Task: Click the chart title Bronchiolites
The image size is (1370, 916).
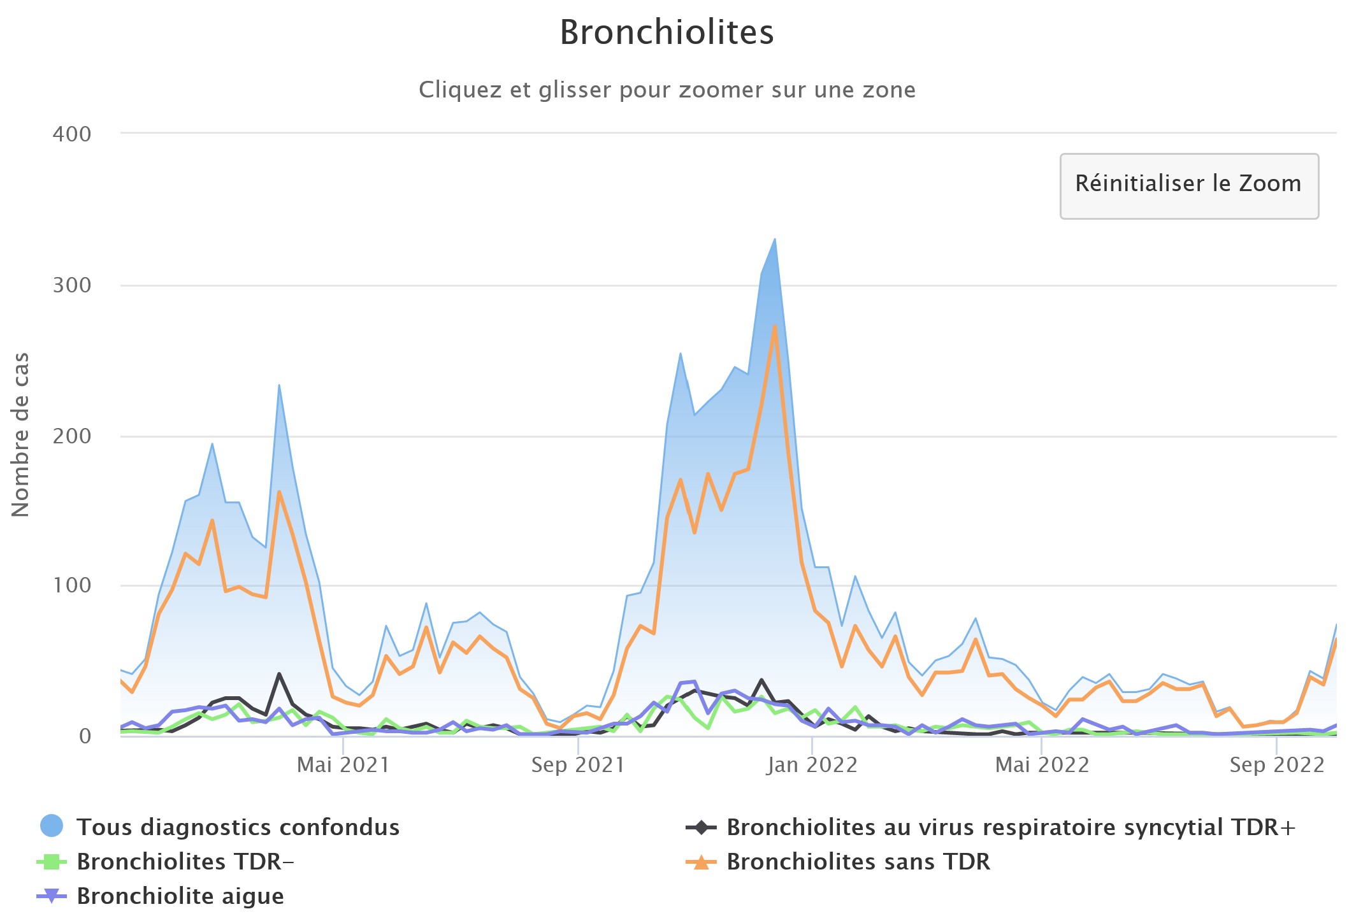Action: pyautogui.click(x=667, y=32)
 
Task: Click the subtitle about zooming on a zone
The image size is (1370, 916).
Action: pyautogui.click(x=667, y=90)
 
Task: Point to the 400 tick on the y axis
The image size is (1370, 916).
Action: pyautogui.click(x=72, y=134)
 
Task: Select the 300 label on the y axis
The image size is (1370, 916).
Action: pyautogui.click(x=72, y=285)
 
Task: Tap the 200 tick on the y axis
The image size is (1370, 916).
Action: pyautogui.click(x=72, y=436)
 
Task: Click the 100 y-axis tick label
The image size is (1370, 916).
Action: pyautogui.click(x=72, y=585)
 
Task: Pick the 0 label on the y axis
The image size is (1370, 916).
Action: pyautogui.click(x=85, y=736)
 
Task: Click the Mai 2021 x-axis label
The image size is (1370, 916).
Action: pyautogui.click(x=343, y=764)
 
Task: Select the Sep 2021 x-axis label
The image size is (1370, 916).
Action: pyautogui.click(x=577, y=764)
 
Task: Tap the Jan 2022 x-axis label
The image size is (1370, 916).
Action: pyautogui.click(x=812, y=764)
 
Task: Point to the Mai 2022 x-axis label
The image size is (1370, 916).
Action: pyautogui.click(x=1042, y=764)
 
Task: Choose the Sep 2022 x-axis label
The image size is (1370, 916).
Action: pyautogui.click(x=1276, y=764)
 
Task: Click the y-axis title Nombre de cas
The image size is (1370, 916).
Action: pyautogui.click(x=20, y=434)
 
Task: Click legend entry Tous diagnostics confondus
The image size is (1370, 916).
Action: pyautogui.click(x=238, y=827)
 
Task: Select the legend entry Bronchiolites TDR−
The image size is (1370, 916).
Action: pyautogui.click(x=185, y=861)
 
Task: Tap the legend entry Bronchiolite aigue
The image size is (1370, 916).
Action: pyautogui.click(x=180, y=896)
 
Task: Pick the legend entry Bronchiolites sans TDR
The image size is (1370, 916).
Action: pyautogui.click(x=858, y=861)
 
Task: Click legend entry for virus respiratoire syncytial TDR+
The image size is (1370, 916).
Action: pyautogui.click(x=1011, y=827)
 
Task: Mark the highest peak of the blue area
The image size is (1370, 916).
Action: pyautogui.click(x=774, y=240)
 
